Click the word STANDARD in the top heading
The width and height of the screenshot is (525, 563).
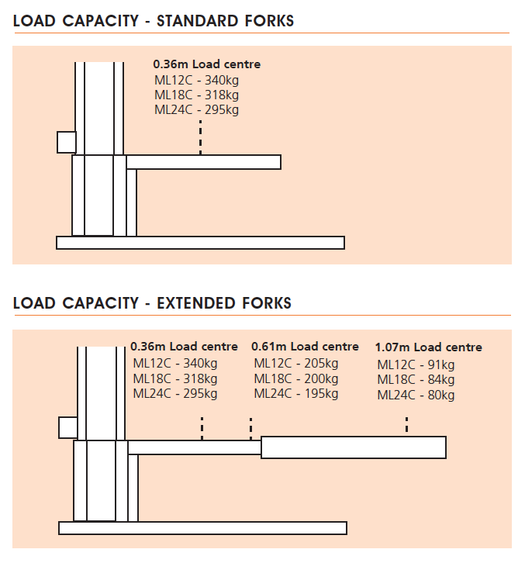point(197,21)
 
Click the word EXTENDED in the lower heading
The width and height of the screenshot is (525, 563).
point(196,303)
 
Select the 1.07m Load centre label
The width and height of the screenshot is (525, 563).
point(428,347)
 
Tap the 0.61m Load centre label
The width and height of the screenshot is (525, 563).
point(305,347)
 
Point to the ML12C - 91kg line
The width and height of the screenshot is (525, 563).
point(416,364)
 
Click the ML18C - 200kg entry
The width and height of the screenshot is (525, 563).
point(296,378)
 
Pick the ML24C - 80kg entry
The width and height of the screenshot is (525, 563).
point(416,395)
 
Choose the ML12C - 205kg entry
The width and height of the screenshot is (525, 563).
point(296,364)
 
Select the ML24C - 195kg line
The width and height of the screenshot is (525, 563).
point(296,394)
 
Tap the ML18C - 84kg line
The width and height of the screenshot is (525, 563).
point(416,379)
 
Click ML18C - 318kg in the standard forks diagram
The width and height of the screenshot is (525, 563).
point(196,95)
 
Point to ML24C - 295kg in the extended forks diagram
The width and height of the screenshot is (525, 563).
point(175,393)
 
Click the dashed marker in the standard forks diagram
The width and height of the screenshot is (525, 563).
point(200,137)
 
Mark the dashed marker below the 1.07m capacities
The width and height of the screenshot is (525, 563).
point(406,425)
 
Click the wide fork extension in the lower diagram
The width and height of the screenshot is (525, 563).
point(354,447)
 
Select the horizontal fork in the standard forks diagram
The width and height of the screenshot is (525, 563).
point(204,162)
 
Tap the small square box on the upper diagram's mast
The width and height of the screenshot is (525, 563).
point(67,142)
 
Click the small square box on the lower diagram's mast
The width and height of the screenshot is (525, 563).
point(68,427)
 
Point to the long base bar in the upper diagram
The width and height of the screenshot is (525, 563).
point(200,243)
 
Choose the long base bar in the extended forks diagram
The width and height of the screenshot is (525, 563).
point(202,528)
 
